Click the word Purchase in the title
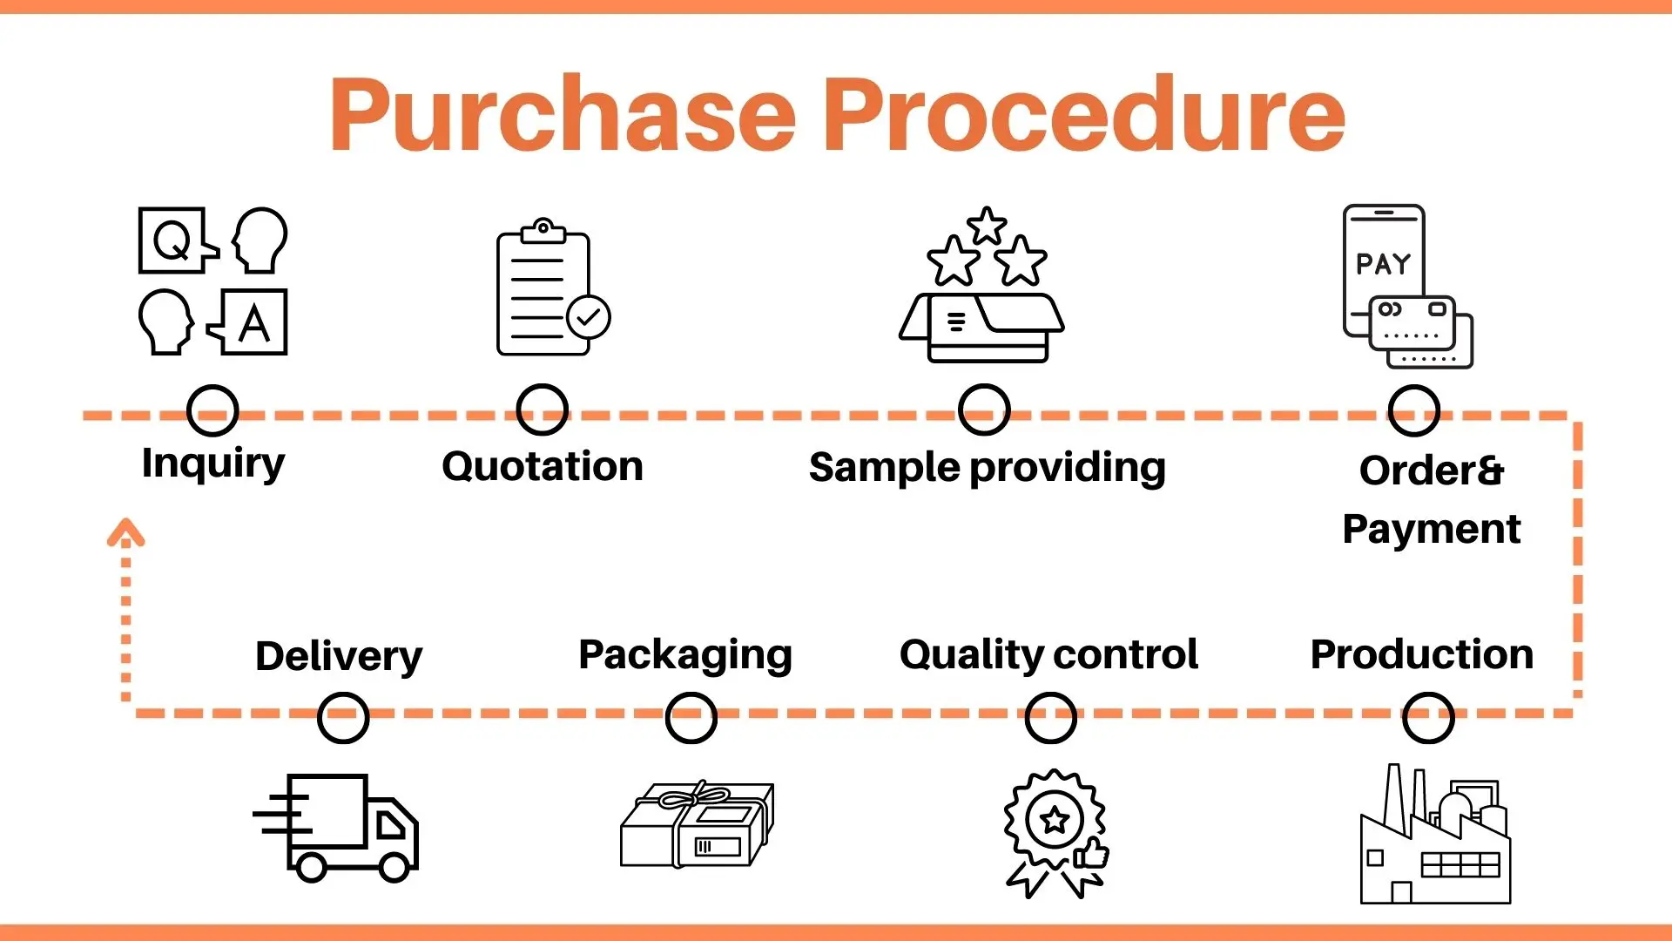(563, 115)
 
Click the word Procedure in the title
(1084, 115)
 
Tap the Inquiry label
(213, 464)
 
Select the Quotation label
(543, 466)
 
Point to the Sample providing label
(987, 468)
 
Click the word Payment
(1431, 529)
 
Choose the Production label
(1421, 654)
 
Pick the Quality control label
(1048, 654)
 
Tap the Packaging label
(685, 655)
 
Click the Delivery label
(339, 656)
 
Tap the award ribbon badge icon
(1055, 832)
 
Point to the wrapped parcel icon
(697, 824)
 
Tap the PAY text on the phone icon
(1383, 264)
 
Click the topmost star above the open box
(987, 226)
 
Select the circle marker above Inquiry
(212, 410)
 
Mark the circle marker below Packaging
(691, 718)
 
